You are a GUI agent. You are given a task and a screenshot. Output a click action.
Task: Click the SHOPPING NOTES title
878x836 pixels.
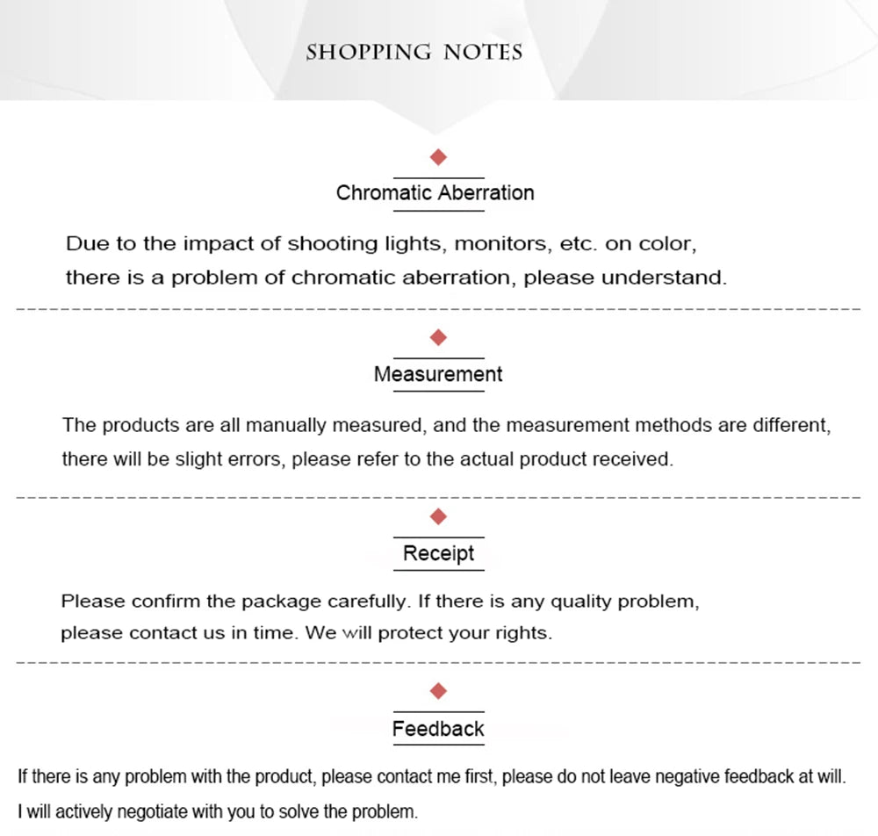point(414,52)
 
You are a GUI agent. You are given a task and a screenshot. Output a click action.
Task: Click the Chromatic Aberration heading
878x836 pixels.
point(435,193)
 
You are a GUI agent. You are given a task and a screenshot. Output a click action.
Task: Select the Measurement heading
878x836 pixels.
point(438,374)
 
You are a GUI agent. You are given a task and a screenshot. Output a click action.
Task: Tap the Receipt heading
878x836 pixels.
point(438,553)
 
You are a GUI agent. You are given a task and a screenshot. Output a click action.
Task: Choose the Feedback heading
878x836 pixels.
point(438,729)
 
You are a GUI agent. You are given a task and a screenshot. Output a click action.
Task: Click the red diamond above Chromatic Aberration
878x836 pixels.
point(439,157)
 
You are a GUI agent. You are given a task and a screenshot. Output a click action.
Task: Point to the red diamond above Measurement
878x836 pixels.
point(439,337)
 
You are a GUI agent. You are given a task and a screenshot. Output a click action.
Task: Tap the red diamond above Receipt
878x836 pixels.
point(439,515)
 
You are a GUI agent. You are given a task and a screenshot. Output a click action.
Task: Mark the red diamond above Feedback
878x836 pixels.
point(439,691)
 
